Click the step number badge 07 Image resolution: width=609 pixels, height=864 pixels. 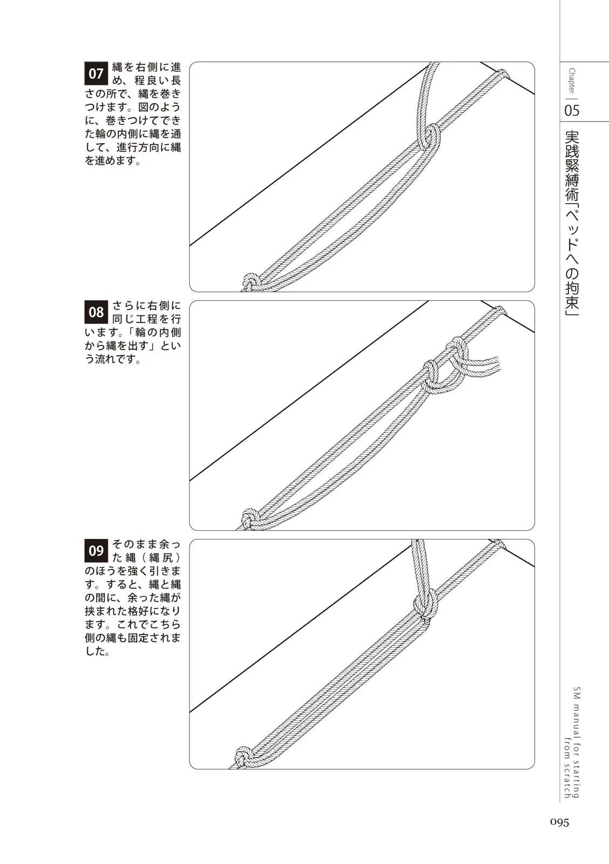(x=96, y=73)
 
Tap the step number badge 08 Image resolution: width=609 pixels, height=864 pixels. (x=96, y=312)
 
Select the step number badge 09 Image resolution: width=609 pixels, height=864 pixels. (x=96, y=550)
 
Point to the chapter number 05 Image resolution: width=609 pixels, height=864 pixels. (x=572, y=111)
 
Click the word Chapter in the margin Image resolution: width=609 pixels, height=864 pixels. (x=572, y=80)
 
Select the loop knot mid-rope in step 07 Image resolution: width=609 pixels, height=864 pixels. (x=429, y=138)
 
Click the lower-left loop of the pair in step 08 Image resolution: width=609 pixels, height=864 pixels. (x=432, y=377)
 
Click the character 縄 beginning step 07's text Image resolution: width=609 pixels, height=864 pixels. (x=117, y=67)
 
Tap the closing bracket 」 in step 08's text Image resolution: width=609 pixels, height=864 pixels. (x=153, y=346)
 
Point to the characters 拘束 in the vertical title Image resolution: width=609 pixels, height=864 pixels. (x=572, y=298)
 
